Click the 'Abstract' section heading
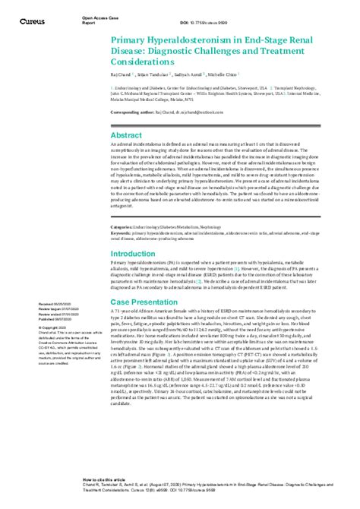[128, 134]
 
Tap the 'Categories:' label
[122, 227]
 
